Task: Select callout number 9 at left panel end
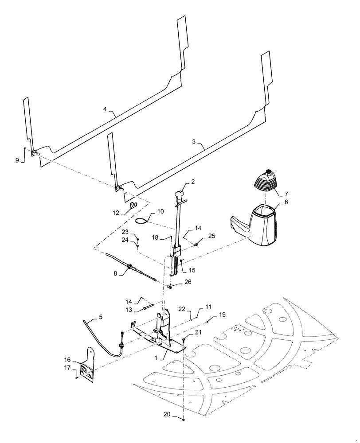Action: pos(17,160)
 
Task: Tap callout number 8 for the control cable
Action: pos(116,274)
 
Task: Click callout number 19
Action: pos(222,314)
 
